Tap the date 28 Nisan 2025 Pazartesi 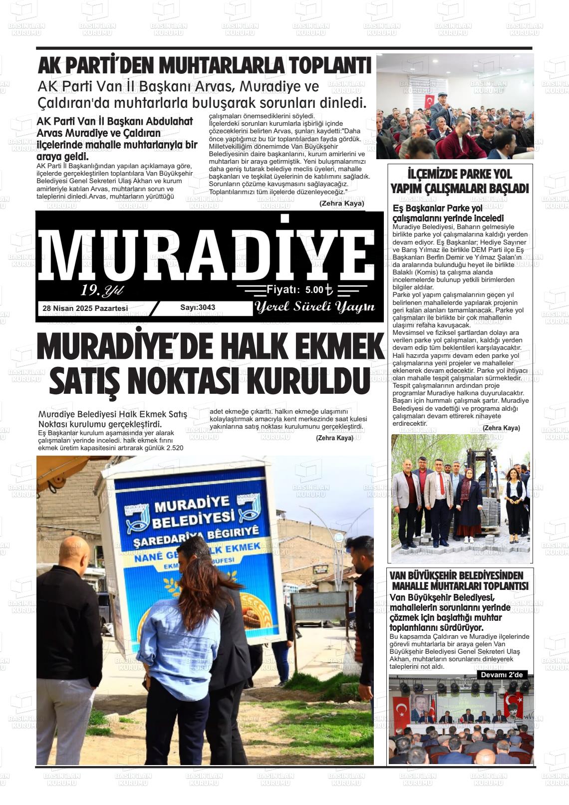point(85,308)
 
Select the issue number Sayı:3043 point(198,307)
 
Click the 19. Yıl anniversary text point(102,290)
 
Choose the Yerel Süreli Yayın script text point(314,307)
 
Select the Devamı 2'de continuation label point(502,675)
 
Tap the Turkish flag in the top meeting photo point(429,100)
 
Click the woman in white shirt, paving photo point(514,502)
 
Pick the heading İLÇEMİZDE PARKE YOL point(460,174)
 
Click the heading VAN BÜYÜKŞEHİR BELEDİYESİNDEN point(456,575)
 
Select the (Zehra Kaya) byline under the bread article point(334,438)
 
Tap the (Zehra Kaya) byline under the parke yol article point(501,428)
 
